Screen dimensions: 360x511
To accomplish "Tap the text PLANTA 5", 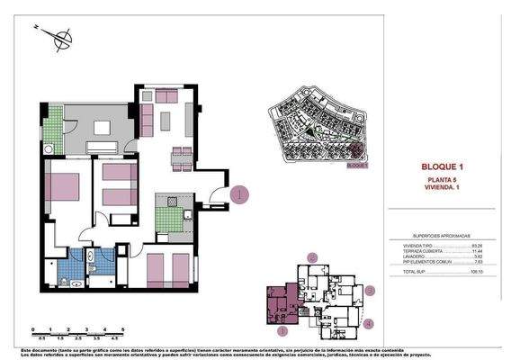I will [x=441, y=181].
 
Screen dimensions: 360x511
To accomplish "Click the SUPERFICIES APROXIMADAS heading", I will [x=442, y=233].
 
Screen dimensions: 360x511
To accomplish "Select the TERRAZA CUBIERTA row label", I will [x=418, y=249].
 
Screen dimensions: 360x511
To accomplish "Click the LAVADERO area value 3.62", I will [x=479, y=256].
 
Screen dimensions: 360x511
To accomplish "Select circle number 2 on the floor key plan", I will [x=312, y=257].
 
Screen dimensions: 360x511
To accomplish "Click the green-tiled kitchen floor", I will [x=168, y=219].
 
